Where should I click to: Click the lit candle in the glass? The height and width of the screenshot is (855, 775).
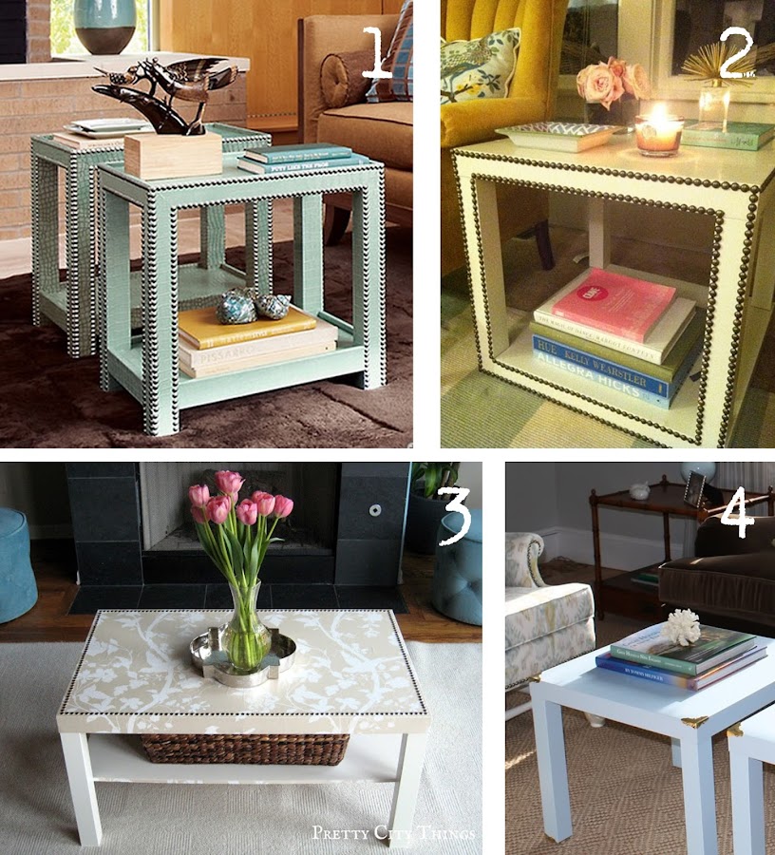click(658, 133)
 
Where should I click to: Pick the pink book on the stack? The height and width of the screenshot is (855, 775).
click(614, 303)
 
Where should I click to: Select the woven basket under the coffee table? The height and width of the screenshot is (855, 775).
click(245, 749)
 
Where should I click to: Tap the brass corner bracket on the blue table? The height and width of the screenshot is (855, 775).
click(696, 720)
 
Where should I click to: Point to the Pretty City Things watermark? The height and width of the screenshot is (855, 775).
click(393, 833)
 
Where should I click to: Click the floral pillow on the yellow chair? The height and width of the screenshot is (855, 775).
click(479, 65)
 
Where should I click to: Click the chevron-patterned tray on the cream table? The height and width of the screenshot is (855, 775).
click(555, 136)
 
